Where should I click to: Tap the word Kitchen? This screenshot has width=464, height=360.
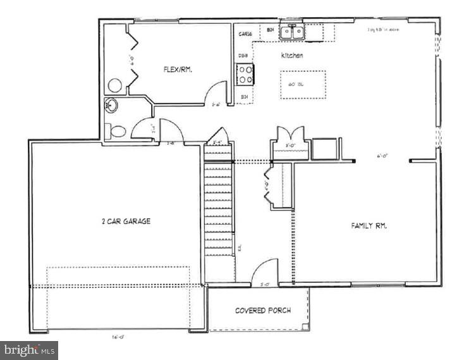click(292, 56)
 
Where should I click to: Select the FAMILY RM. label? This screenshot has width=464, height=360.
click(369, 226)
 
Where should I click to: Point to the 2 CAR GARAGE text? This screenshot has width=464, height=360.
click(126, 221)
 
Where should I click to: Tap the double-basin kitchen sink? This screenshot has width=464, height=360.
click(292, 32)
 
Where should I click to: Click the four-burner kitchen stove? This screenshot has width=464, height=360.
click(245, 75)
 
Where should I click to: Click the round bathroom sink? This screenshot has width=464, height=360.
click(113, 106)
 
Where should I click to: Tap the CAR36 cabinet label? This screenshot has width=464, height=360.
click(245, 34)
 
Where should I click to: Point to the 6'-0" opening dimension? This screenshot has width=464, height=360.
click(382, 155)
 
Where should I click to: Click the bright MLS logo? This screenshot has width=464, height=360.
click(29, 350)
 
